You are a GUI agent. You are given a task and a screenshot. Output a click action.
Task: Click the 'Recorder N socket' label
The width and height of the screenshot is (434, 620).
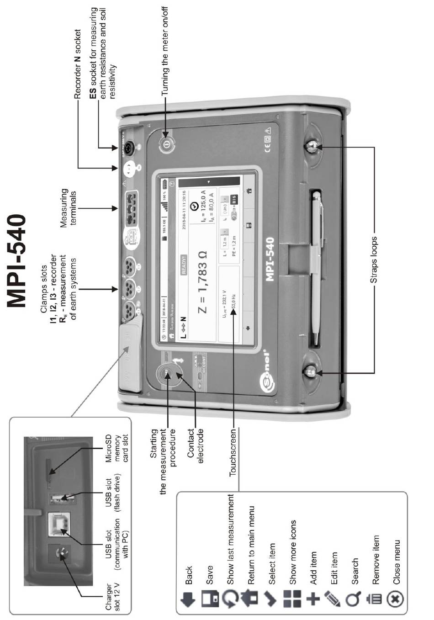point(78,64)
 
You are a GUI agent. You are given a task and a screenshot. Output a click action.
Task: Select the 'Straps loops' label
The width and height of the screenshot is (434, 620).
point(374,260)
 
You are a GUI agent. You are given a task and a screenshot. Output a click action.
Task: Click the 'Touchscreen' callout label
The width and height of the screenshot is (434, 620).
point(233,452)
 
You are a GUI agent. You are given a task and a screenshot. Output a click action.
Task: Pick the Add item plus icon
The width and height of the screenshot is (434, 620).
point(313,599)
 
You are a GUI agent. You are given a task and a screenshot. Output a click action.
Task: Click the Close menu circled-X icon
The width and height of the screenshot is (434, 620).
point(396,599)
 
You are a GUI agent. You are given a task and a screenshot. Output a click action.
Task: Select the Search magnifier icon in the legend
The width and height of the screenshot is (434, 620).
point(353,599)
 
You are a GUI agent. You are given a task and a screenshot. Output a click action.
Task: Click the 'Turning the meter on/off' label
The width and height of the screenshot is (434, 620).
point(165,50)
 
